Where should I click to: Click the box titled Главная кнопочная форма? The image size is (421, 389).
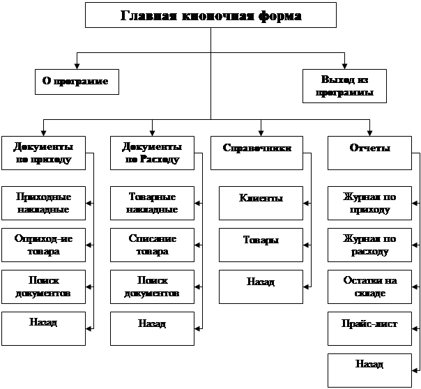tap(210, 15)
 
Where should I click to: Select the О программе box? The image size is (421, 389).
tap(76, 82)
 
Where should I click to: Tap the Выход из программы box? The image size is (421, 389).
tap(344, 86)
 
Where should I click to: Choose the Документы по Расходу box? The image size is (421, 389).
tap(151, 153)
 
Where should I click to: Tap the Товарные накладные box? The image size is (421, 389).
tap(152, 203)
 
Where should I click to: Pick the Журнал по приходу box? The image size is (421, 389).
tap(369, 203)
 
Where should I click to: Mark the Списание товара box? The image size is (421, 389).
tap(152, 245)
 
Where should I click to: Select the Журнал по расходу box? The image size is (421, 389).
tap(369, 245)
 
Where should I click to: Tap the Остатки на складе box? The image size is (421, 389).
tap(369, 287)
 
